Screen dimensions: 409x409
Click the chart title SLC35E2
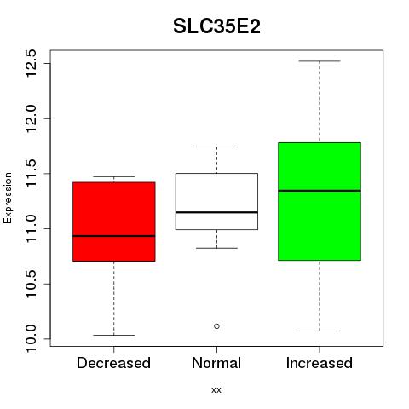pos(216,26)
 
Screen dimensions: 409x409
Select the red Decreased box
pos(114,222)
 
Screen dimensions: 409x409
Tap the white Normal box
pos(216,201)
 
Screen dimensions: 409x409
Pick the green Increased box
pos(320,201)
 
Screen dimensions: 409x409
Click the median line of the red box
pos(114,236)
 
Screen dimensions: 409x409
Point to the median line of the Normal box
pos(216,212)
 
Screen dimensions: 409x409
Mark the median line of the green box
pos(320,191)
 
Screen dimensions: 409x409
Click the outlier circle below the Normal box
pos(216,326)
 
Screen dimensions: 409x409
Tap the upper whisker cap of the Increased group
pos(320,61)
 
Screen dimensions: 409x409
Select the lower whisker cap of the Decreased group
pos(114,335)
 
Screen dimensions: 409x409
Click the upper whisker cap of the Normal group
pos(216,147)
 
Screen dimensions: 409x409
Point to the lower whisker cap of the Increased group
pos(320,331)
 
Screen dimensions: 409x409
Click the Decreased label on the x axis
pos(113,363)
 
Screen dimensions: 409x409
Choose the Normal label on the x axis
pos(216,363)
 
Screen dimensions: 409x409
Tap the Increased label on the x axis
pos(320,363)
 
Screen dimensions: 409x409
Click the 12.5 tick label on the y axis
pos(31,63)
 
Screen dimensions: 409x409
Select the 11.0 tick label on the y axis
pos(31,228)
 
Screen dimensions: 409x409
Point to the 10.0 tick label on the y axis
pos(31,339)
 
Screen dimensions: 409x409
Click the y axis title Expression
pos(8,198)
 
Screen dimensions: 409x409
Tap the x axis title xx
pos(216,390)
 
